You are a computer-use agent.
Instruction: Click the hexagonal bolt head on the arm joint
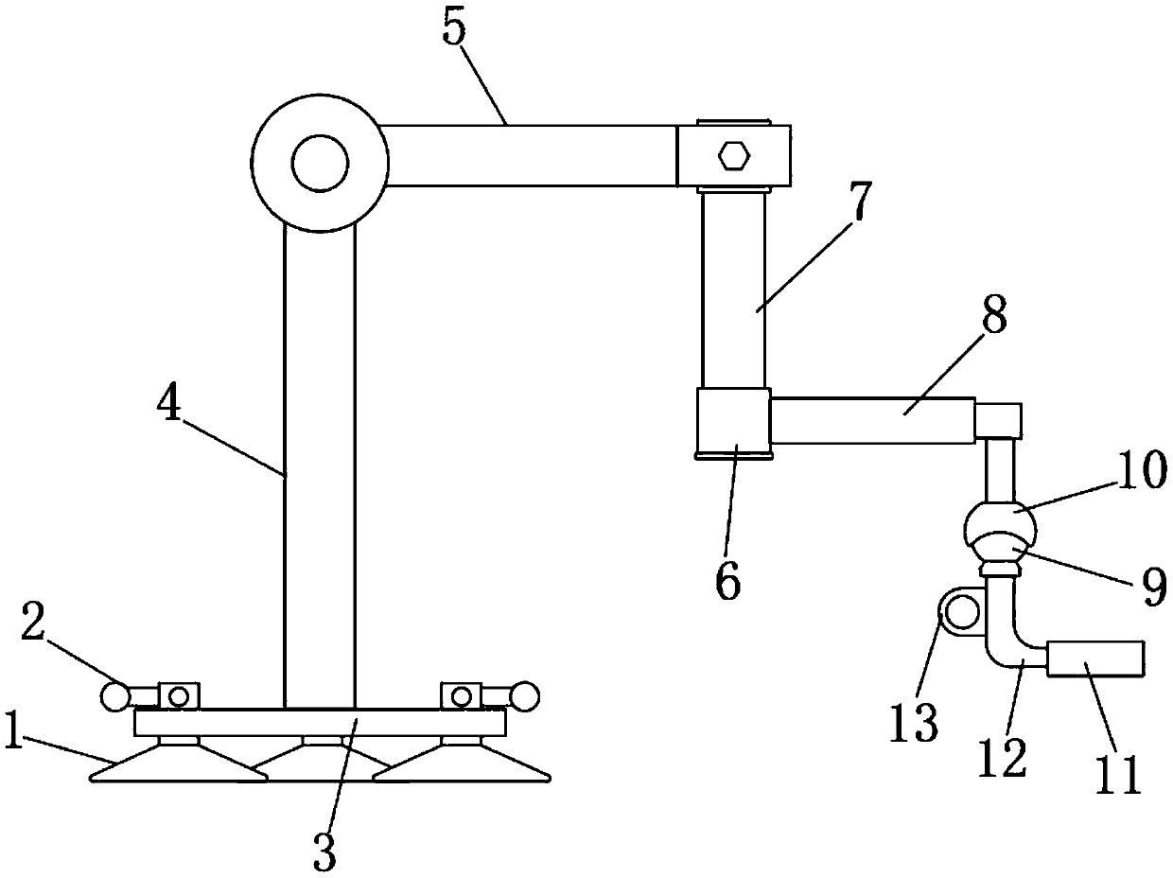(x=734, y=154)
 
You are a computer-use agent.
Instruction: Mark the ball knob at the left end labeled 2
(x=115, y=697)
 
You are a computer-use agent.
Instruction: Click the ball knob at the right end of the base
(x=525, y=697)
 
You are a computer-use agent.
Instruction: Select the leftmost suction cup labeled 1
(x=178, y=764)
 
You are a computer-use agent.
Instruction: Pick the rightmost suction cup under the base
(x=461, y=764)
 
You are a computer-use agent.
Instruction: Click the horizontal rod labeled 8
(x=872, y=421)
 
